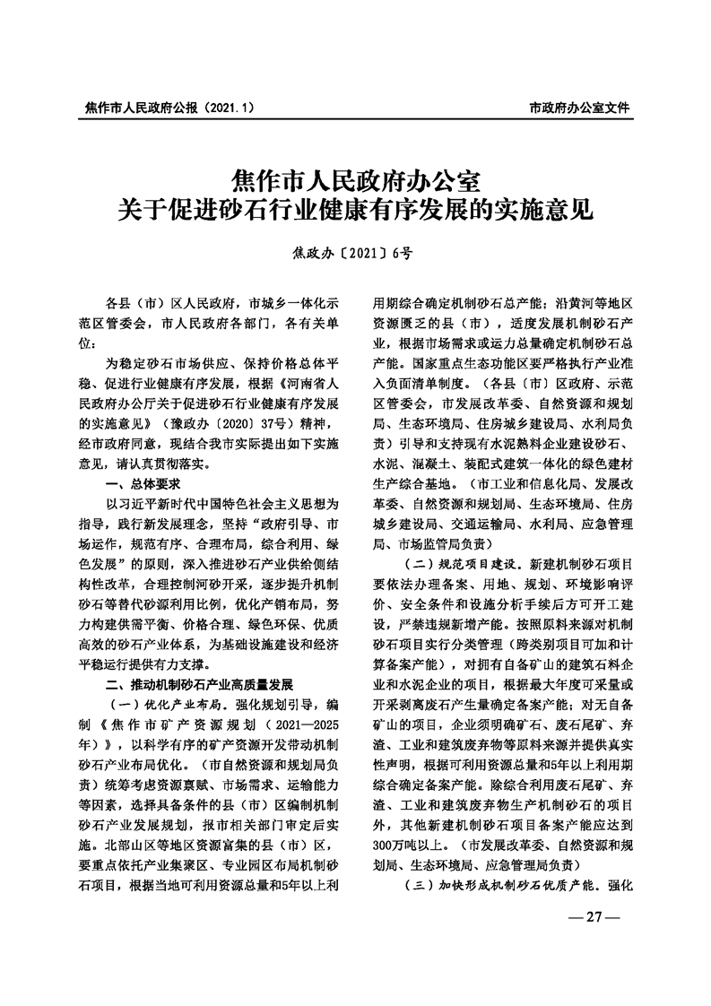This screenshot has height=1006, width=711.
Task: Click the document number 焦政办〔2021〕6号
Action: (355, 253)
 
